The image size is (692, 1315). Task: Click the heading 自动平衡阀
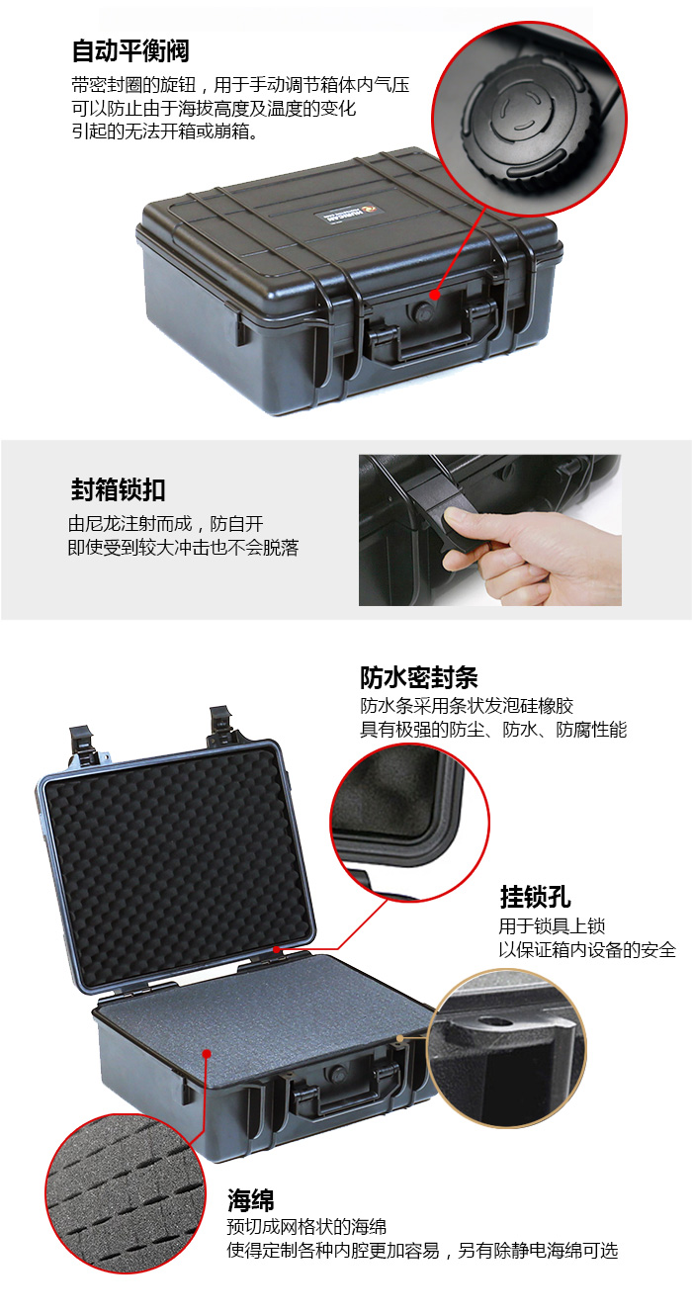pos(130,51)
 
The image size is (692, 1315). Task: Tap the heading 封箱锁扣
pos(118,489)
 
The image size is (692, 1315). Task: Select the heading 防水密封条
pos(419,677)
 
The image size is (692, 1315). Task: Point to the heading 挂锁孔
pos(535,897)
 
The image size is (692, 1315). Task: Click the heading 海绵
pos(251,1200)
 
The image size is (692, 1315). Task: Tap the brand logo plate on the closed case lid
pos(349,215)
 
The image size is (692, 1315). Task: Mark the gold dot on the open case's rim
pos(400,1038)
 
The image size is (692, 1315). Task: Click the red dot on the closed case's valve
pos(435,295)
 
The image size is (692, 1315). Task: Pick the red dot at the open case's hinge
pos(277,949)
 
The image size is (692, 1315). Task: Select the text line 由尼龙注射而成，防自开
pos(165,524)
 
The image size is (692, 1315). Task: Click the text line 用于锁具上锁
pos(552,926)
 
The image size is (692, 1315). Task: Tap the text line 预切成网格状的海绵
pos(306,1227)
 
